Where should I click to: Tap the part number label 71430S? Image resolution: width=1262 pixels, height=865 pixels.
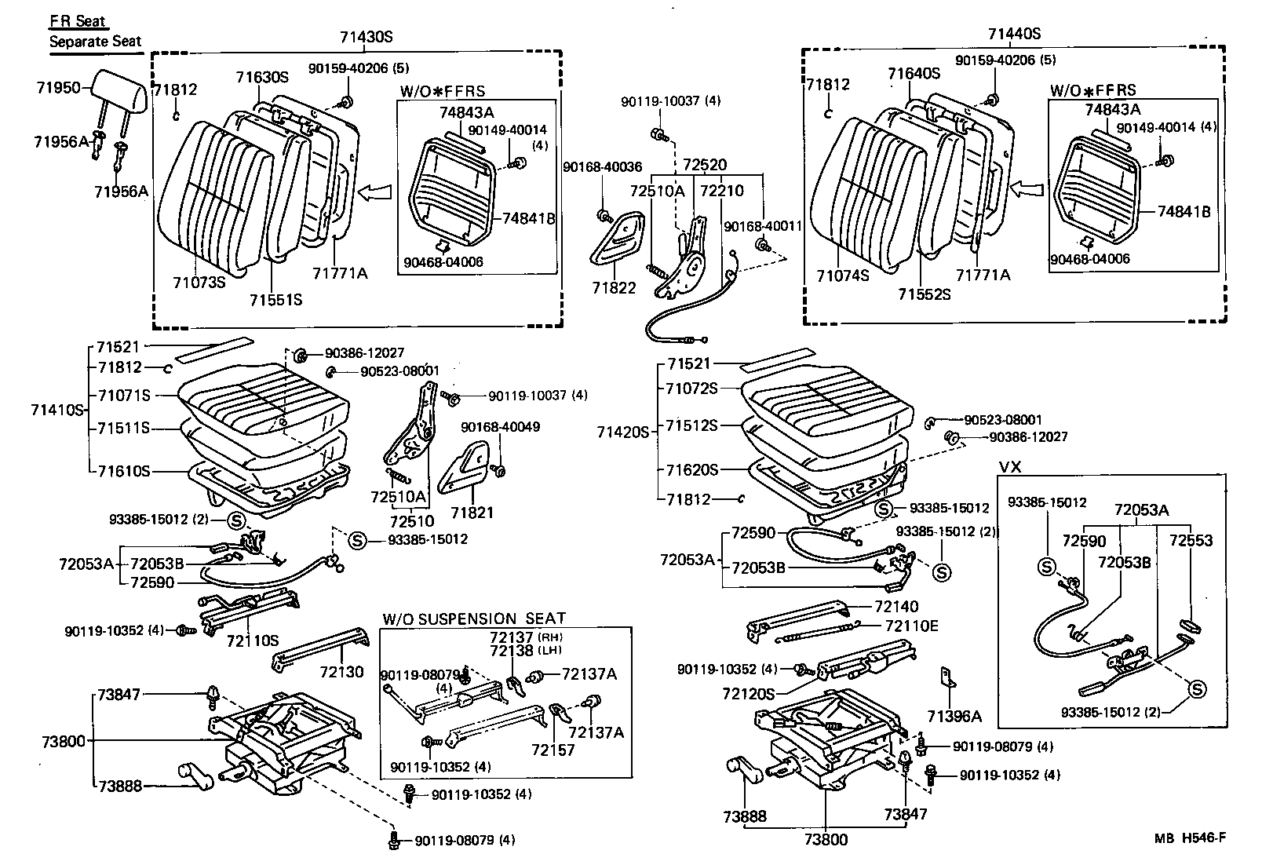pyautogui.click(x=367, y=36)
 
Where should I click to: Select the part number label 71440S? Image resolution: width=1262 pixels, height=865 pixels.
pyautogui.click(x=1014, y=33)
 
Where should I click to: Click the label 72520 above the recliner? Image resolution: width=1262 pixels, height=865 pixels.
pyautogui.click(x=704, y=166)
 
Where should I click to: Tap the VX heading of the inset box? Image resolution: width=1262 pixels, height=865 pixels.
pyautogui.click(x=1010, y=466)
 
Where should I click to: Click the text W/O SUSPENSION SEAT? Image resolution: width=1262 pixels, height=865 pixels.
pyautogui.click(x=474, y=619)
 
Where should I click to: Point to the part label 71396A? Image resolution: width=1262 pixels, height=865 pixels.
pyautogui.click(x=954, y=716)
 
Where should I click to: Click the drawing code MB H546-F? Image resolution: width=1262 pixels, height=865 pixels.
pyautogui.click(x=1189, y=838)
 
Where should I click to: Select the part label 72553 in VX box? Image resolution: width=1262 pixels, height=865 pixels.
pyautogui.click(x=1191, y=540)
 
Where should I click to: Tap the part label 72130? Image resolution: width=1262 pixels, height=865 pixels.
pyautogui.click(x=342, y=672)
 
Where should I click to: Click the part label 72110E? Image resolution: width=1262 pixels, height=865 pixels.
pyautogui.click(x=912, y=626)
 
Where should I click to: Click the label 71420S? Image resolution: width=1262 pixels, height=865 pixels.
pyautogui.click(x=622, y=431)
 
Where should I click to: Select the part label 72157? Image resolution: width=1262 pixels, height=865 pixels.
pyautogui.click(x=553, y=750)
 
